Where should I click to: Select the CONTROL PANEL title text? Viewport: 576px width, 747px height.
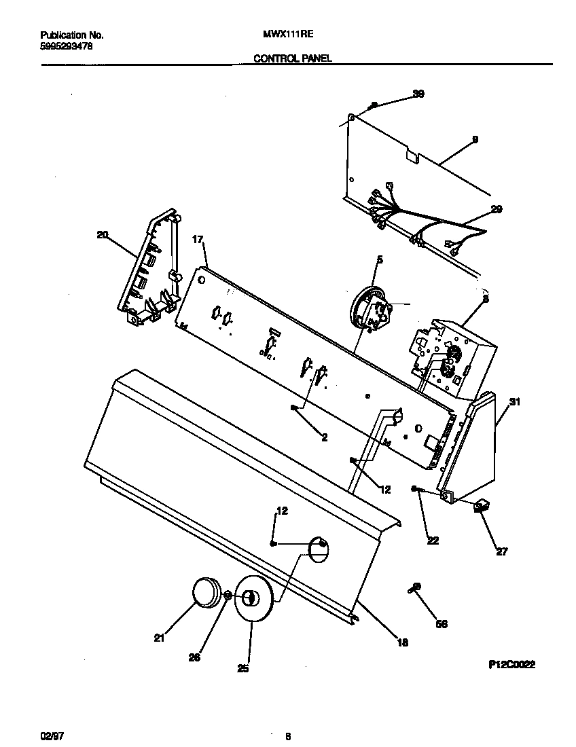click(x=292, y=59)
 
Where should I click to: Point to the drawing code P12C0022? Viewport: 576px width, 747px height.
click(x=511, y=666)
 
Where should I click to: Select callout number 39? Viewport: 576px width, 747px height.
click(x=418, y=94)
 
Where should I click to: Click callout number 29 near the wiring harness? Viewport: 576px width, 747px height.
click(x=497, y=210)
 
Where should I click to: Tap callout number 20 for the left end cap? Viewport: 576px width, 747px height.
click(x=103, y=235)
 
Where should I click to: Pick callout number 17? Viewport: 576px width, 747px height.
click(x=198, y=239)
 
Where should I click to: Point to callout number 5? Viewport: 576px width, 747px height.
click(x=380, y=259)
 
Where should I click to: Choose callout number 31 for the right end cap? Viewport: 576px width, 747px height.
click(x=515, y=402)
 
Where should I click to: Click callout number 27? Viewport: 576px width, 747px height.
click(x=501, y=551)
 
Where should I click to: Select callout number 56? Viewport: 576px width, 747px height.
click(x=442, y=623)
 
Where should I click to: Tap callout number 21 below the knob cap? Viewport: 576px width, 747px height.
click(x=160, y=637)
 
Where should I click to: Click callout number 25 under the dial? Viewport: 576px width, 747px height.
click(x=242, y=669)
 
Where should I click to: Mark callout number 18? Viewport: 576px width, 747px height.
click(x=403, y=642)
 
